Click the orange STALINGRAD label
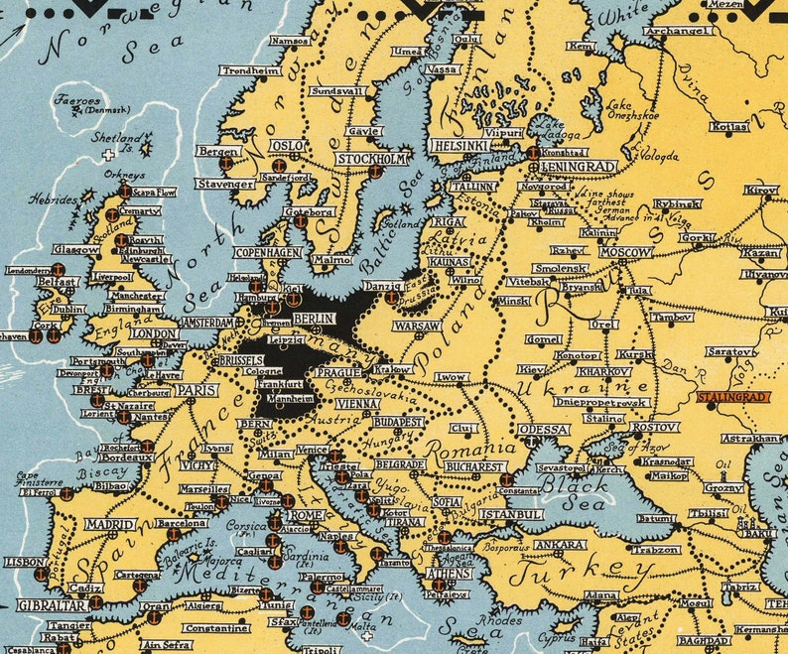pos(733,397)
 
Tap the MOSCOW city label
pos(626,252)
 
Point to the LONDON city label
pos(154,334)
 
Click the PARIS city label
pos(197,391)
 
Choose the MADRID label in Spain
pos(110,524)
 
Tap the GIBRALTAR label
pos(51,604)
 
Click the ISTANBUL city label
pos(510,515)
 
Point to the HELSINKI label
pos(460,145)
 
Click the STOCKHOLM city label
pos(371,159)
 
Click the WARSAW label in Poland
pos(417,326)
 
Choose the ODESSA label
pos(543,429)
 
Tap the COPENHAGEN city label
pos(267,253)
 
